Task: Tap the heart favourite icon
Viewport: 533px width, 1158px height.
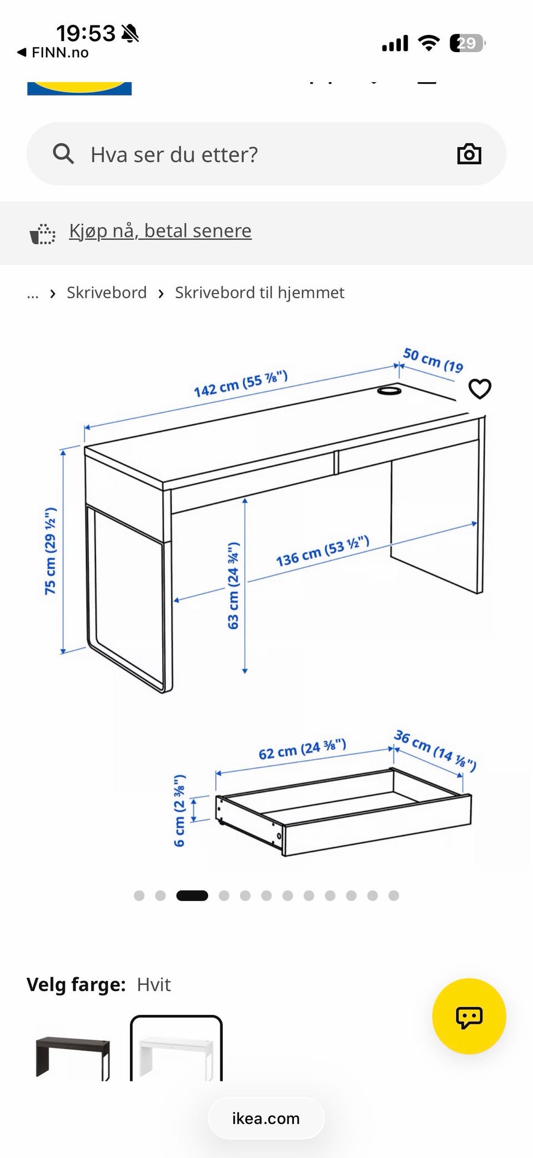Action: (480, 388)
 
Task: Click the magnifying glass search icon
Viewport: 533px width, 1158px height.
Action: (63, 154)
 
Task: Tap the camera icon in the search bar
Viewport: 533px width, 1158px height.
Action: (469, 154)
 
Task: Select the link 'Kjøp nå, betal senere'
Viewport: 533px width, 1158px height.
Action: (160, 230)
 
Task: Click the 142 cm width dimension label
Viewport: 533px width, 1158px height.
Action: (241, 383)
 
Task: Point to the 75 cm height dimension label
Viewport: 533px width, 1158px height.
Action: (51, 550)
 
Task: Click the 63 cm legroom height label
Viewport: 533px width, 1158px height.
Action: (233, 585)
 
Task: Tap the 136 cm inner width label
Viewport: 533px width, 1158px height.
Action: (323, 551)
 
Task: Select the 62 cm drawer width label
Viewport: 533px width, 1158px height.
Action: (303, 749)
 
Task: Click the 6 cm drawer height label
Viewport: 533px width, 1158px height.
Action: (179, 811)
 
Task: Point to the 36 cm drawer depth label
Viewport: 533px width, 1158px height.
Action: (435, 751)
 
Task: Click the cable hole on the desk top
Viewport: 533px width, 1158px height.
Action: (389, 391)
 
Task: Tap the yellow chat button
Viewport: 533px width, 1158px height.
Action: (469, 1016)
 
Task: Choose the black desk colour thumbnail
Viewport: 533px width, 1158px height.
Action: (73, 1057)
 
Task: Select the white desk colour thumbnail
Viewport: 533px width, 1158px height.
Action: (177, 1048)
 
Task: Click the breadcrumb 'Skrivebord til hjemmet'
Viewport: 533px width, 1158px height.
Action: (260, 292)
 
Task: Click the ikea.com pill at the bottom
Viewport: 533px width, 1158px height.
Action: (266, 1118)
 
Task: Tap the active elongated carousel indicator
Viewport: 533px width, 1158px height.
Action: (192, 896)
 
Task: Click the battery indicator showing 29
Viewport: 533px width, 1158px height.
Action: (467, 43)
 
